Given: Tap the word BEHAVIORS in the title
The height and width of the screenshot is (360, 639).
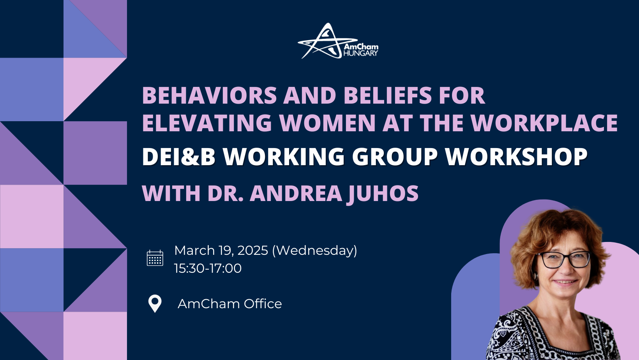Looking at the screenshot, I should [210, 95].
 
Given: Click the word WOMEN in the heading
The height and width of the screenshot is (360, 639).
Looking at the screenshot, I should [327, 123].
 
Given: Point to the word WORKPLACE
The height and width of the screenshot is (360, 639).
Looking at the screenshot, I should [544, 123].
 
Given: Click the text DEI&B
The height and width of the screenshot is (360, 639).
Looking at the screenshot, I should [178, 157].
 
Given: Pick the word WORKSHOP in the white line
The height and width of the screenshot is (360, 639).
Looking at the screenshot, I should [516, 157].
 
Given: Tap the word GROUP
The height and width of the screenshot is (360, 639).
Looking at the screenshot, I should [395, 157].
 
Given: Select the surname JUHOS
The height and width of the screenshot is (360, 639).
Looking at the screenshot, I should [383, 194].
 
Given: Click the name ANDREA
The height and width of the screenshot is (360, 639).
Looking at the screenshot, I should [296, 194].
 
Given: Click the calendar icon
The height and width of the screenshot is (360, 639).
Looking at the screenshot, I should [155, 258].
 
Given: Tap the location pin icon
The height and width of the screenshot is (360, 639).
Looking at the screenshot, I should [155, 303].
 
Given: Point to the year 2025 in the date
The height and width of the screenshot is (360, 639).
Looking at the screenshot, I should [252, 251].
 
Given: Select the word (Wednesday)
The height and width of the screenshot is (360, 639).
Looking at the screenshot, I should [314, 251].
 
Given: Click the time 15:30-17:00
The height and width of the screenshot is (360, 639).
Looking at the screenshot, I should [208, 268].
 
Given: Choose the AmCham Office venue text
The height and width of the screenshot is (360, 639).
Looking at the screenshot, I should [229, 304].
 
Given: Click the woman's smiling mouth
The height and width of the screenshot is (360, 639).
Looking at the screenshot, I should [565, 282].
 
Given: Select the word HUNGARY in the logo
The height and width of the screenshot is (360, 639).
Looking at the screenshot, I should [360, 53].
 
